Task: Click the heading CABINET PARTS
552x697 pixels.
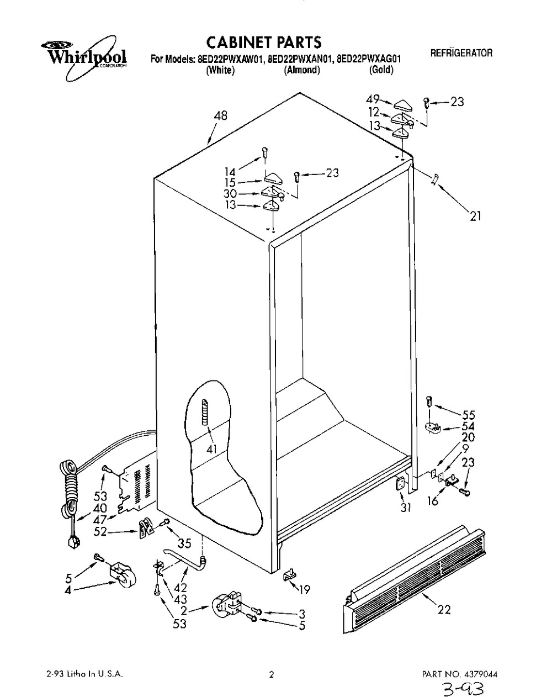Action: pos(263,42)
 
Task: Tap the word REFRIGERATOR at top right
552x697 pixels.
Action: pos(460,54)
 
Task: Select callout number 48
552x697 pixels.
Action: pos(221,116)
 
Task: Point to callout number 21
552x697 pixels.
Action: pos(475,216)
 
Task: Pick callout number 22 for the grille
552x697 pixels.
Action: pos(443,610)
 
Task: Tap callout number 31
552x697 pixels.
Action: pos(406,508)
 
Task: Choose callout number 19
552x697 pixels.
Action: pos(304,589)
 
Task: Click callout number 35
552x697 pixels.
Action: pos(184,543)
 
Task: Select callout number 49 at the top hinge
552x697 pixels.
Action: pos(373,99)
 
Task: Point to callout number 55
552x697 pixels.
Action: pos(469,415)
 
